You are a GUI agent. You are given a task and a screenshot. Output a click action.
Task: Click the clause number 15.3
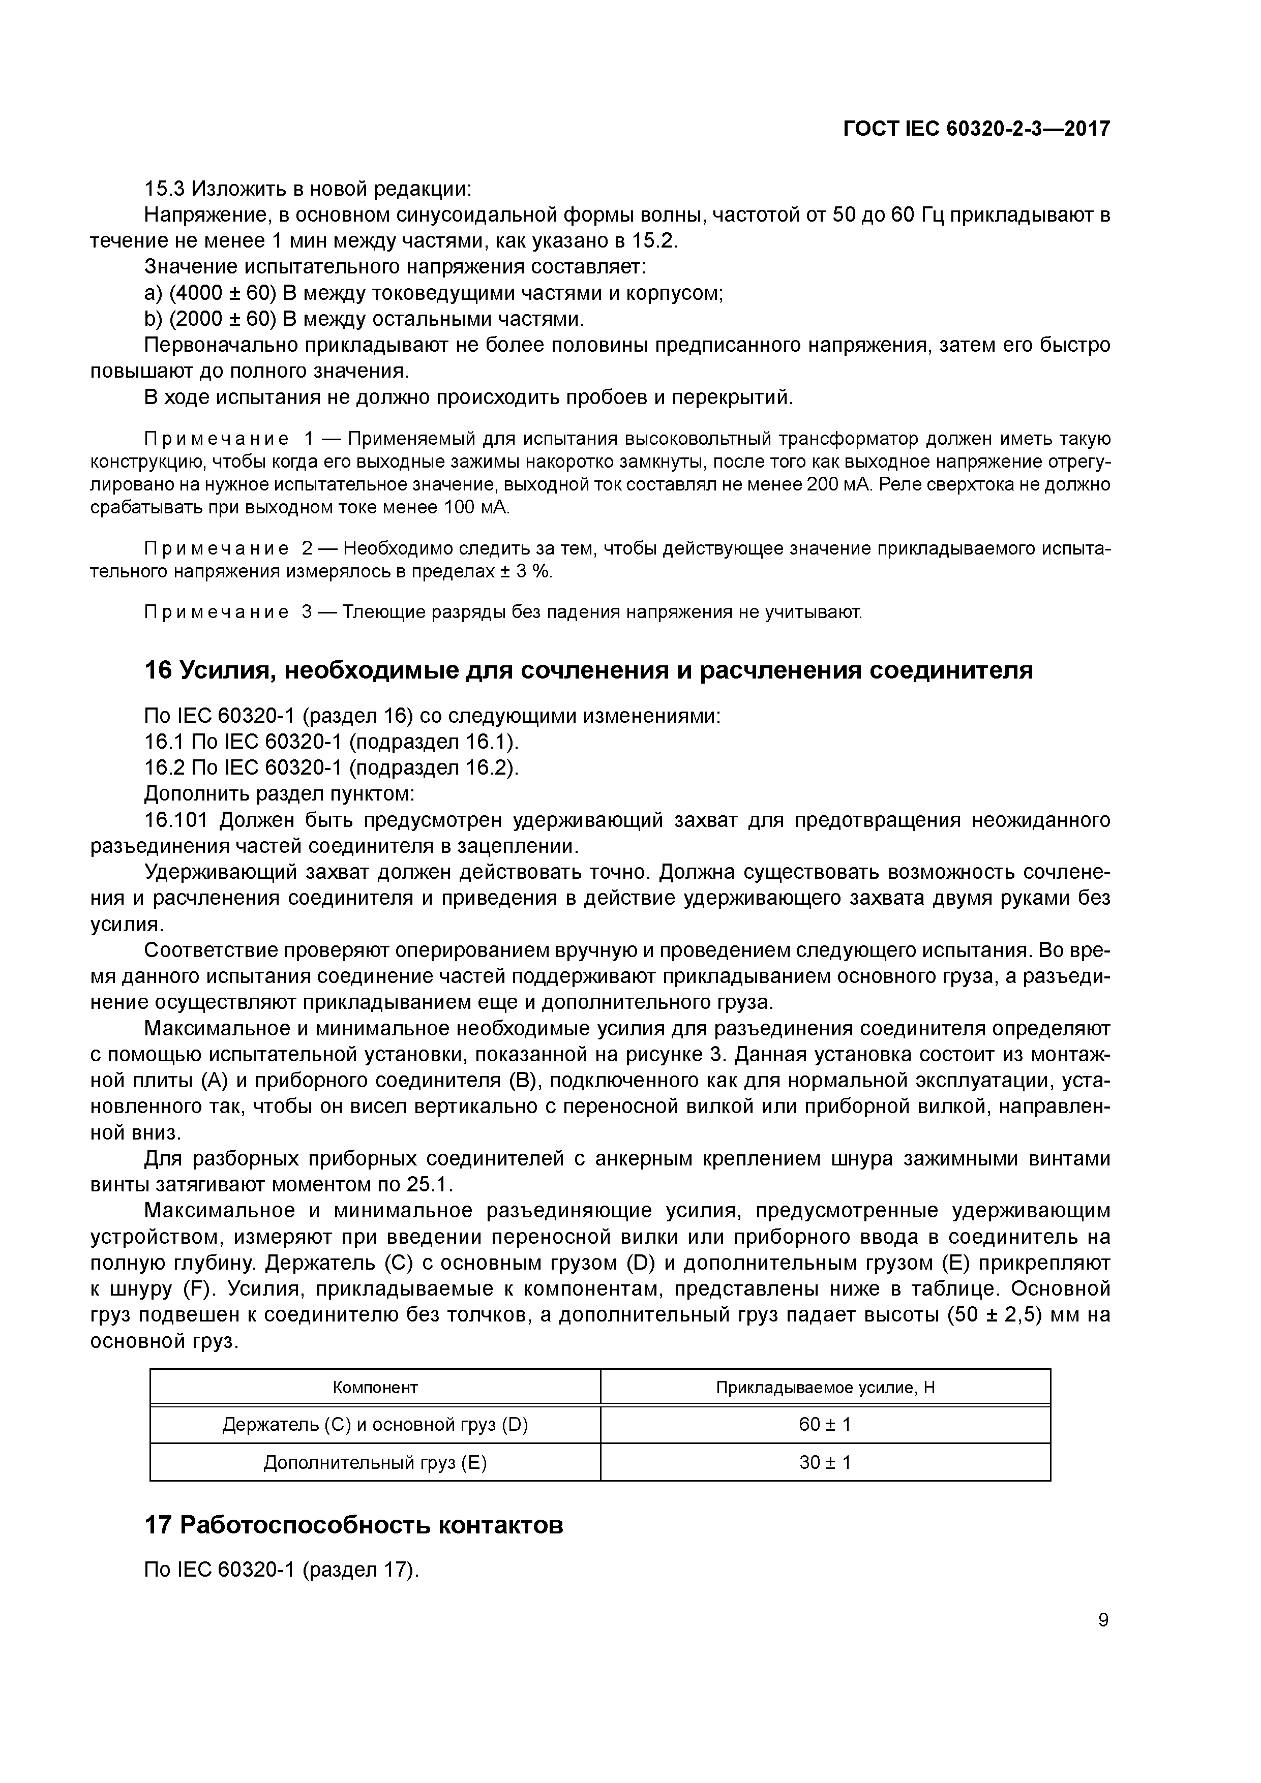tap(164, 189)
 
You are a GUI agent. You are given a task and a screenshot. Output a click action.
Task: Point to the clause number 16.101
tap(176, 820)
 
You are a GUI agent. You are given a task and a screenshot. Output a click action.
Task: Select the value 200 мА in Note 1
tap(845, 485)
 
